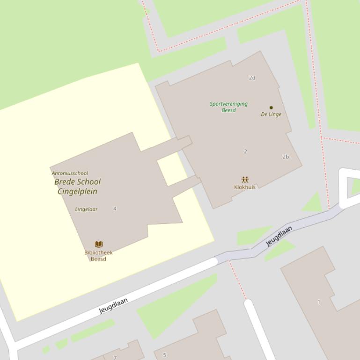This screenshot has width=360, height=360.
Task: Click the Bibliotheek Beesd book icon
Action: point(99,244)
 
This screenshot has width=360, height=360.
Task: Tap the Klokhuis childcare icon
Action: point(245,180)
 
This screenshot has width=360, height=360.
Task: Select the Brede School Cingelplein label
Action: point(77,187)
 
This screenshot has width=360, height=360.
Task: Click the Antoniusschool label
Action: point(70,173)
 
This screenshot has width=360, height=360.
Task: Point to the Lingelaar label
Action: point(86,209)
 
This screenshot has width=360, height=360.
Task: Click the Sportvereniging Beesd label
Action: point(228,107)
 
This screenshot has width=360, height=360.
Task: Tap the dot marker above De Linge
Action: point(271,108)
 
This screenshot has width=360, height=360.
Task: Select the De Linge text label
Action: point(271,115)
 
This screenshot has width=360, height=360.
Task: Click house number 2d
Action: point(252,78)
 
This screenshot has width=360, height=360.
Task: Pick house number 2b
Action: point(286,157)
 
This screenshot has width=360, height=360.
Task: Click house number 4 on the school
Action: point(115,209)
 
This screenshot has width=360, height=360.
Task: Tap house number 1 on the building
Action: point(319,302)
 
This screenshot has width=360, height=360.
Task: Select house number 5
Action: point(164,355)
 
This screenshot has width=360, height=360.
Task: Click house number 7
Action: point(115,358)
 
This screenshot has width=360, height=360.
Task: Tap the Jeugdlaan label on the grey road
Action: point(279,236)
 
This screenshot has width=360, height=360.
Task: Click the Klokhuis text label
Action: point(245,187)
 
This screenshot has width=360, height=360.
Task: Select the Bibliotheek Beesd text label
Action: point(98,256)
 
